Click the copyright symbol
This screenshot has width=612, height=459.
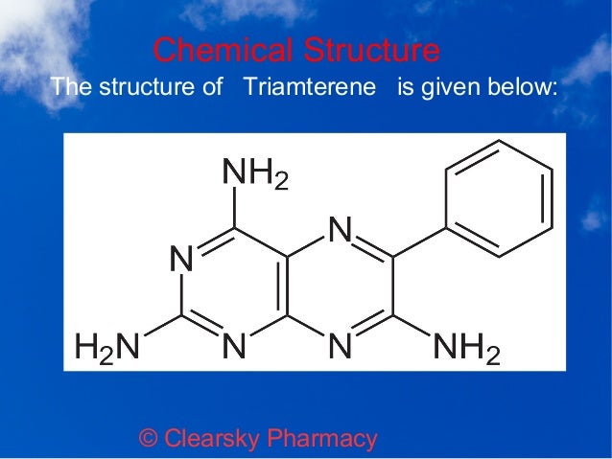tap(149, 440)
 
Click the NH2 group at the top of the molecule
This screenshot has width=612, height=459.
tap(254, 175)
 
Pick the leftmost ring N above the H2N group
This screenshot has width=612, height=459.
tap(179, 259)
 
